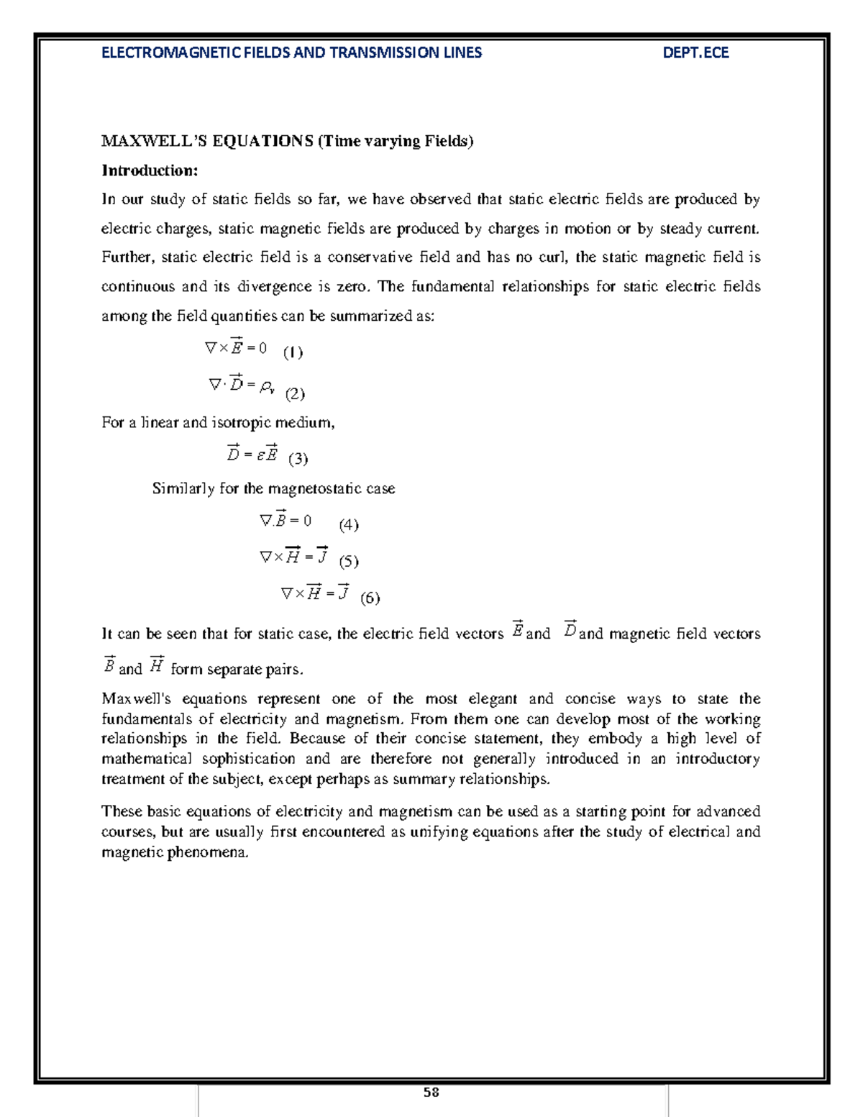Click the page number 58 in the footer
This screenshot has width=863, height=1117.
[431, 1093]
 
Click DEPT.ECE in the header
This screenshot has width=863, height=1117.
[695, 53]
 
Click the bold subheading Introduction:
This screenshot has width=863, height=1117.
[150, 170]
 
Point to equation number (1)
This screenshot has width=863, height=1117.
[293, 352]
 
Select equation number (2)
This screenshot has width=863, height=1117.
[295, 393]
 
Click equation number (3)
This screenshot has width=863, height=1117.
[298, 458]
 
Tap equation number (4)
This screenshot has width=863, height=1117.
[349, 524]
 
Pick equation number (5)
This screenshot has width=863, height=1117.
[349, 561]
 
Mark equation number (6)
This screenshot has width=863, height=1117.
[370, 598]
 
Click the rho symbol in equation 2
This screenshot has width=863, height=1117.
[267, 387]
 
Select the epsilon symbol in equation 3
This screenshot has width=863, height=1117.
[260, 455]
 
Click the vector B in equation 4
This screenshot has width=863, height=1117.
[280, 519]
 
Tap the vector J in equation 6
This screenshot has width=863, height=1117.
[343, 593]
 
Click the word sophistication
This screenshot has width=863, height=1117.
[248, 759]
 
